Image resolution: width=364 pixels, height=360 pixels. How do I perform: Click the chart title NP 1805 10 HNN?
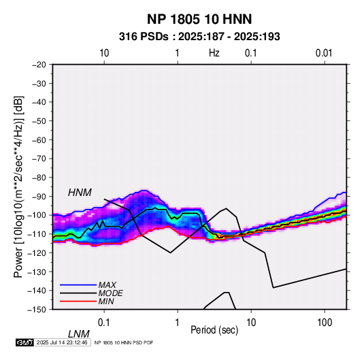(x=199, y=19)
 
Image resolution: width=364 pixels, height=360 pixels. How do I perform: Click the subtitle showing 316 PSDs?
(x=199, y=37)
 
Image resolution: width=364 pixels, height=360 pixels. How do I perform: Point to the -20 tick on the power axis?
(x=39, y=65)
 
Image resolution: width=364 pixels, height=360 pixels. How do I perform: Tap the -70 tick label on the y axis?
(x=39, y=159)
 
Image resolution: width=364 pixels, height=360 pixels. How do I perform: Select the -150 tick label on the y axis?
(x=37, y=310)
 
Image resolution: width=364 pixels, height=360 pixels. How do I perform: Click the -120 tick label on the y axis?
(x=37, y=252)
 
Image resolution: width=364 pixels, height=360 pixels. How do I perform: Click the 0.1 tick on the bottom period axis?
(x=104, y=323)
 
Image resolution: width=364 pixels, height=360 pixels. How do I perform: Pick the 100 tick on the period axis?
(x=325, y=323)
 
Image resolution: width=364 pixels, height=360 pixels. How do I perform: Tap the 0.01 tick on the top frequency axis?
(x=324, y=53)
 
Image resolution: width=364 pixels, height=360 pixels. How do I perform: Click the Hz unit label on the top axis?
(x=214, y=53)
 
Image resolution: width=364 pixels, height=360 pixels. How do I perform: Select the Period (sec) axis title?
(x=214, y=330)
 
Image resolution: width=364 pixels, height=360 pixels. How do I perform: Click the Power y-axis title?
(x=18, y=186)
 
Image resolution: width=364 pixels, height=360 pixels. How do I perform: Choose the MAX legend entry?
(x=107, y=284)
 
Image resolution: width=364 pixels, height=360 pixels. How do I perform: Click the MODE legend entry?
(x=110, y=293)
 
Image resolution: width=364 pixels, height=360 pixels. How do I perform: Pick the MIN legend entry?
(x=106, y=301)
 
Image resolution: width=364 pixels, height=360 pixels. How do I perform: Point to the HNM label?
(x=80, y=193)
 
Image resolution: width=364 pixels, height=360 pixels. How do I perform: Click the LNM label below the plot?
(x=78, y=334)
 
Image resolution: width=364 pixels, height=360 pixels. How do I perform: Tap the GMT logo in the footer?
(x=24, y=342)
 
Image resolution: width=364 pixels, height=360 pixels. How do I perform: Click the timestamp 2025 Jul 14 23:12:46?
(x=62, y=342)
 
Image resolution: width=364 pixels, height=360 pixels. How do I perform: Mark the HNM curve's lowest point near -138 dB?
(x=274, y=288)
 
